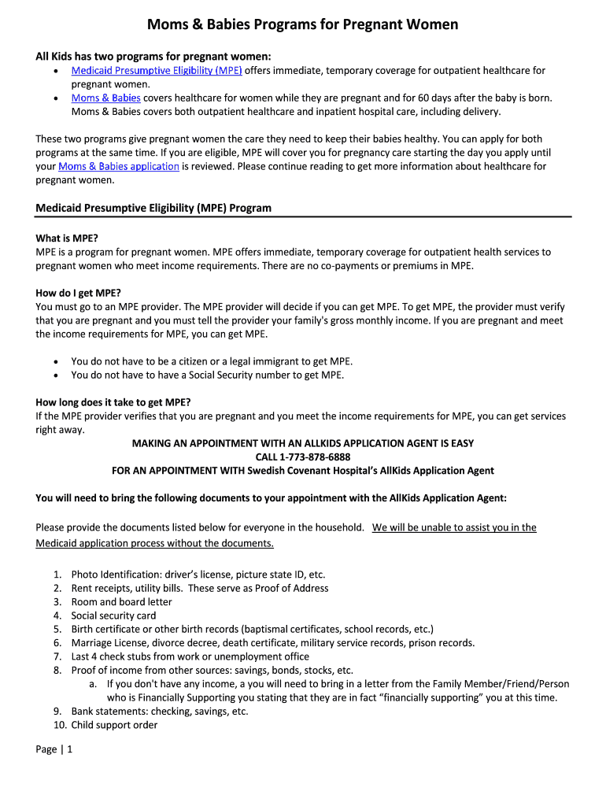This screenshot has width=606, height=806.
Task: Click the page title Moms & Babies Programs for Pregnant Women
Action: (x=302, y=25)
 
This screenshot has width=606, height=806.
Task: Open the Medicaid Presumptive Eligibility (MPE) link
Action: (x=156, y=71)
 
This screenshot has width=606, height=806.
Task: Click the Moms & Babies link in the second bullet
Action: (x=105, y=98)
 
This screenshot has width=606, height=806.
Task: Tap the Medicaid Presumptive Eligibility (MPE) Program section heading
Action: (x=153, y=208)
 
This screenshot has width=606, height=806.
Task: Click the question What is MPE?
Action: (x=67, y=238)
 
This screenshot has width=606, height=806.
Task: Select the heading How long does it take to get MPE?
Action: (x=113, y=402)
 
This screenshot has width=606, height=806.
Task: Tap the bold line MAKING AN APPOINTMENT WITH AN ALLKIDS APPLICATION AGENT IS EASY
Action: (x=303, y=443)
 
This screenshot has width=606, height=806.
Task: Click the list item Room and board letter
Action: (x=121, y=602)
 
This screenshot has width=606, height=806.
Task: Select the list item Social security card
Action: (x=113, y=616)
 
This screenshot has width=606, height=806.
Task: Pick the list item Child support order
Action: (x=114, y=725)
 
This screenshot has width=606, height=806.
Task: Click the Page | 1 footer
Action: (x=54, y=749)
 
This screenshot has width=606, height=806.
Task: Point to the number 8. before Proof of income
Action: (x=57, y=671)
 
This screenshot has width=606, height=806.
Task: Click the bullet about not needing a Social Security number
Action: (x=207, y=375)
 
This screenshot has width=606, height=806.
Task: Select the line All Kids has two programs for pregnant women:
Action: (x=153, y=57)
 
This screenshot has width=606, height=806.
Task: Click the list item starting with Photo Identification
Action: (x=198, y=575)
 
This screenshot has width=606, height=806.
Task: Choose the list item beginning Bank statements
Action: (x=159, y=712)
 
